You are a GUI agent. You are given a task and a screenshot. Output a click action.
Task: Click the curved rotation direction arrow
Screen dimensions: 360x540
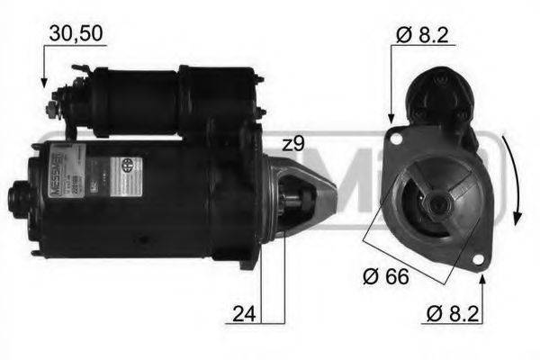[515, 180]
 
